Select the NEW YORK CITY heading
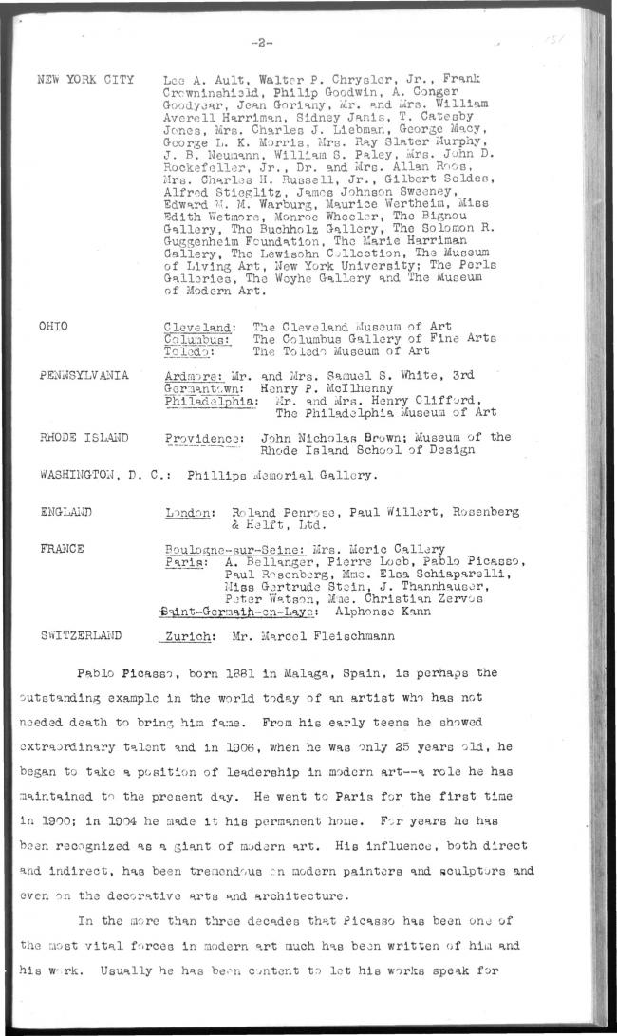point(84,79)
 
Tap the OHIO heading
point(53,325)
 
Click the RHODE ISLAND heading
point(83,437)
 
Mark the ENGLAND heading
point(65,511)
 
